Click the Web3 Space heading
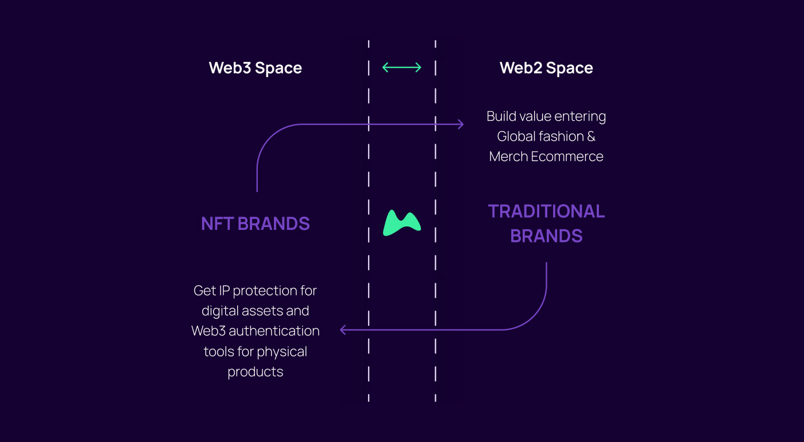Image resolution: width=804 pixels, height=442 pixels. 255,68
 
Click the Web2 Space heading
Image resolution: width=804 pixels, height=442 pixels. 546,68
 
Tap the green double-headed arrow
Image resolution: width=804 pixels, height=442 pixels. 402,67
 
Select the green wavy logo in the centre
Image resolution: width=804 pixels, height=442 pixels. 402,224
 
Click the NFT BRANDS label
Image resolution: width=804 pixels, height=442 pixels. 256,224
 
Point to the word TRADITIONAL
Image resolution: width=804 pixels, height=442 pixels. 546,212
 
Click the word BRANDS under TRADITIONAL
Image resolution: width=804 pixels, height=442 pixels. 546,236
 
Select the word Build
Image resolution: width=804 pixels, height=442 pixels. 501,116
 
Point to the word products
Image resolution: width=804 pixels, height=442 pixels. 256,372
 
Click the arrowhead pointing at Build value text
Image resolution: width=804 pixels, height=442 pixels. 460,124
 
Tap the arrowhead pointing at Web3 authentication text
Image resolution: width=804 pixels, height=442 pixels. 343,330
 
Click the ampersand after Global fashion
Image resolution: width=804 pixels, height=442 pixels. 590,136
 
